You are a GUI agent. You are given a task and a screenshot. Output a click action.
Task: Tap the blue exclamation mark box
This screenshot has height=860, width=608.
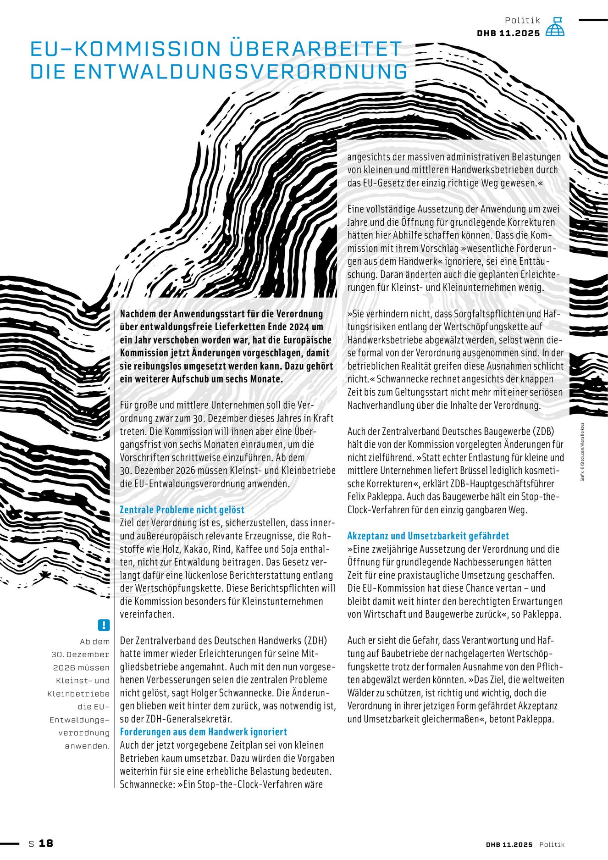tap(104, 625)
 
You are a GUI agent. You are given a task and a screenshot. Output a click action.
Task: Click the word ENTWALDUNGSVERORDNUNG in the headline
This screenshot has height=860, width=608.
tap(219, 72)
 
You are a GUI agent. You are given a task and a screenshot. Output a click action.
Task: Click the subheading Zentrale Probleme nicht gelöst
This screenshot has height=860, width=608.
tap(182, 510)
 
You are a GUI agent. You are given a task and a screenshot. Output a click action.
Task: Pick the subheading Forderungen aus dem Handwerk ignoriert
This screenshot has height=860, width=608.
tap(203, 732)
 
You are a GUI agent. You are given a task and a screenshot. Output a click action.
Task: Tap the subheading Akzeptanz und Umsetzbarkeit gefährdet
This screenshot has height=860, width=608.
tap(428, 536)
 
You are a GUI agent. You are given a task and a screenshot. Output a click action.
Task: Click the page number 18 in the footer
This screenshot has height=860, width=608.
tap(46, 843)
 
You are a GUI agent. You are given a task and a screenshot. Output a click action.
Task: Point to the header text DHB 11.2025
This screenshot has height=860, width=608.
tap(508, 33)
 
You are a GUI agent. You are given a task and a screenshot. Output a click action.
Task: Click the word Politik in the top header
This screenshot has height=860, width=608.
tap(522, 20)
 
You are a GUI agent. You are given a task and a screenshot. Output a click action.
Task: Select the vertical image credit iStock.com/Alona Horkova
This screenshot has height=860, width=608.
tap(582, 451)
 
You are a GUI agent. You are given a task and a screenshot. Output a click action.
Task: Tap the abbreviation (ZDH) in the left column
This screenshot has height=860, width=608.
tap(316, 640)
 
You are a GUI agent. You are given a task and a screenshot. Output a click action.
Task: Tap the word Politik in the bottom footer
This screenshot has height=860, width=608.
tap(552, 844)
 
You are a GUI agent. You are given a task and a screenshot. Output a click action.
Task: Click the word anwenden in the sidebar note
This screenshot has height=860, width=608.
tap(87, 746)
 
